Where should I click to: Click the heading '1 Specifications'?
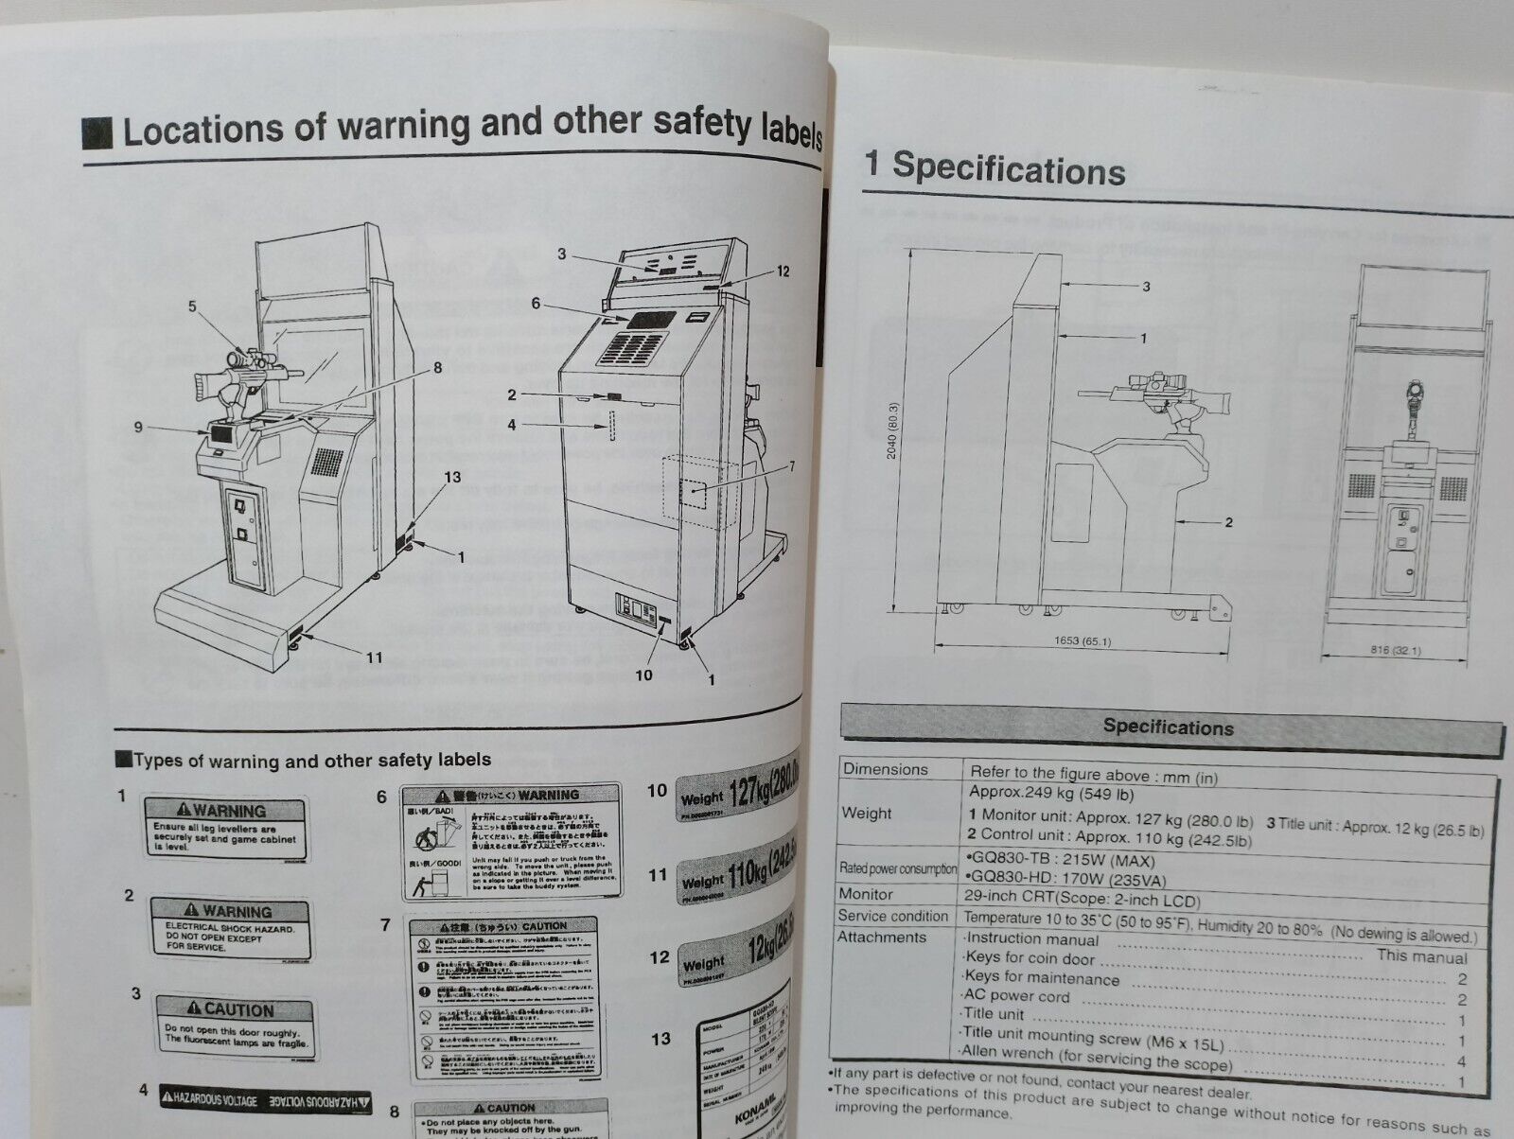[x=995, y=168]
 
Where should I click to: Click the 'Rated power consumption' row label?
[x=897, y=867]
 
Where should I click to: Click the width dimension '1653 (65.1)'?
[x=1082, y=641]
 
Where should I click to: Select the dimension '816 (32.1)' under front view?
[x=1394, y=651]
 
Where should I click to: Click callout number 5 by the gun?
[x=192, y=306]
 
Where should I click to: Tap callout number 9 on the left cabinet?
[x=138, y=428]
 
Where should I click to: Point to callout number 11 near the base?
[x=374, y=657]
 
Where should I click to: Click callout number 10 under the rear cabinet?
[x=643, y=675]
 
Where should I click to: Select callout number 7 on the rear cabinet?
[x=791, y=465]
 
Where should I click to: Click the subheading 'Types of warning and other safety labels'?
[x=311, y=761]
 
